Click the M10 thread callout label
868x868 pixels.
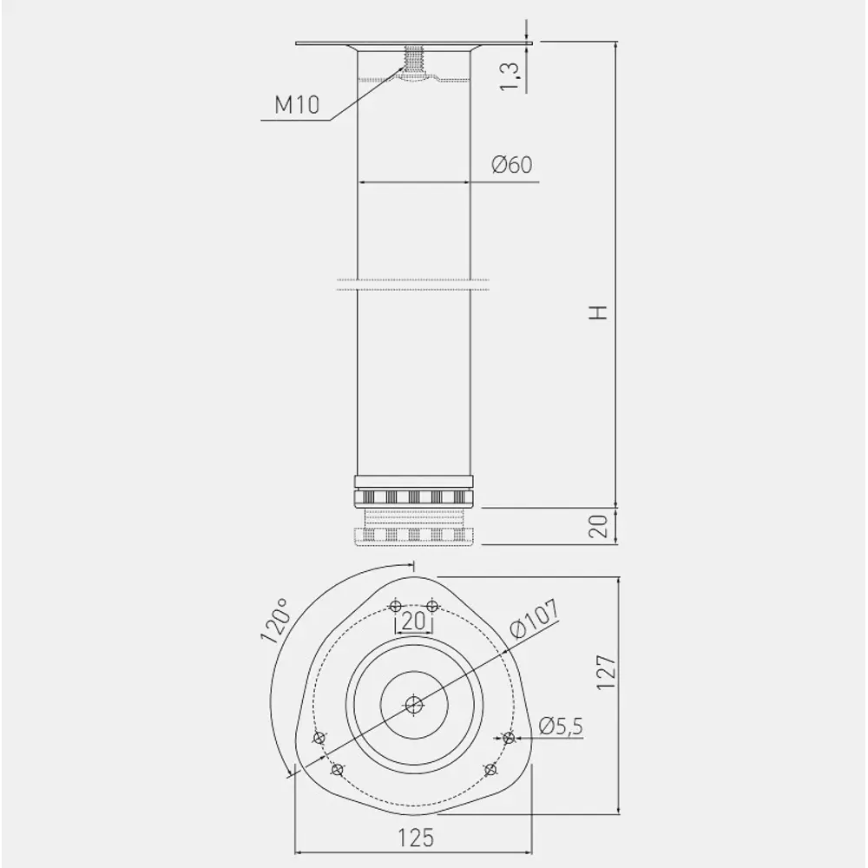[x=297, y=106]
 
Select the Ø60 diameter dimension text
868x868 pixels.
[x=511, y=165]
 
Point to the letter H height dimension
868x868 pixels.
[x=598, y=313]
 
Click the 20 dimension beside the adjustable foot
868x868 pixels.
[x=598, y=526]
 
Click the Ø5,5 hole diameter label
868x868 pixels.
[x=559, y=727]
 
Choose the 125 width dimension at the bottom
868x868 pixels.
[x=415, y=838]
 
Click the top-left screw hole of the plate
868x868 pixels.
[x=396, y=605]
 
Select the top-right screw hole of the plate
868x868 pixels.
[x=432, y=605]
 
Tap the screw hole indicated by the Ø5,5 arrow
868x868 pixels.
[x=509, y=738]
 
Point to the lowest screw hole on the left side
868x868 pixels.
[x=338, y=769]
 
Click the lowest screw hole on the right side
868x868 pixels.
[x=490, y=769]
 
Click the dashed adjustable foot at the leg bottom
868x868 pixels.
[x=414, y=531]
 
